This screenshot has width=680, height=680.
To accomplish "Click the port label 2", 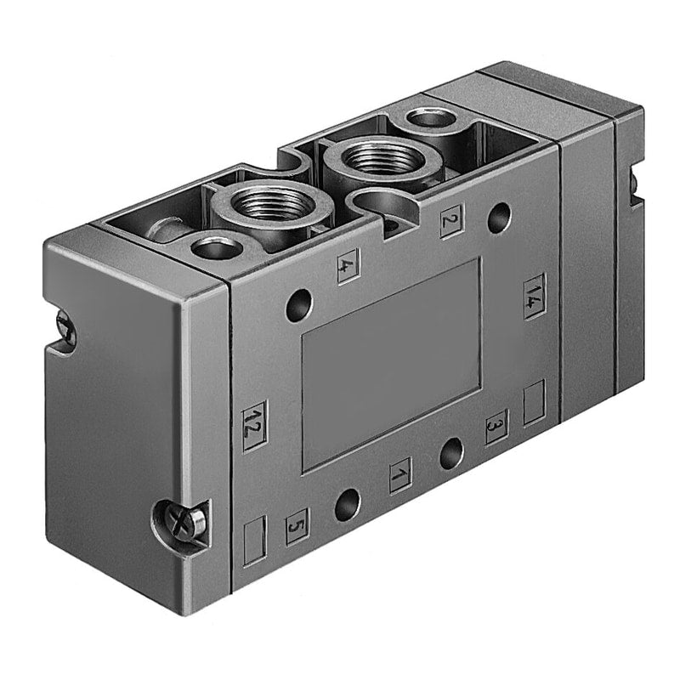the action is pos(452,221).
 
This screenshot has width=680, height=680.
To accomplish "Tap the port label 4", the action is pos(348,266).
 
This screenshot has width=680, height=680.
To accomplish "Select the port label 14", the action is pos(535,297).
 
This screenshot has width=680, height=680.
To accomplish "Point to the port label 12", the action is pos(254,427).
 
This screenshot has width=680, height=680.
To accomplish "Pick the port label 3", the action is pos(496,427).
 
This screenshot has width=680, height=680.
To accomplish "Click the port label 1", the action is pos(400,476).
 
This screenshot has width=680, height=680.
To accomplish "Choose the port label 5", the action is pos(297,526).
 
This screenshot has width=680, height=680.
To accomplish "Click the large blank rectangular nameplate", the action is pos(391,365).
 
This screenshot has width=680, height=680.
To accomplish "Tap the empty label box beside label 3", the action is pos(535,402).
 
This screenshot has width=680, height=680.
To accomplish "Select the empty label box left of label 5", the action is pos(254,541).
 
